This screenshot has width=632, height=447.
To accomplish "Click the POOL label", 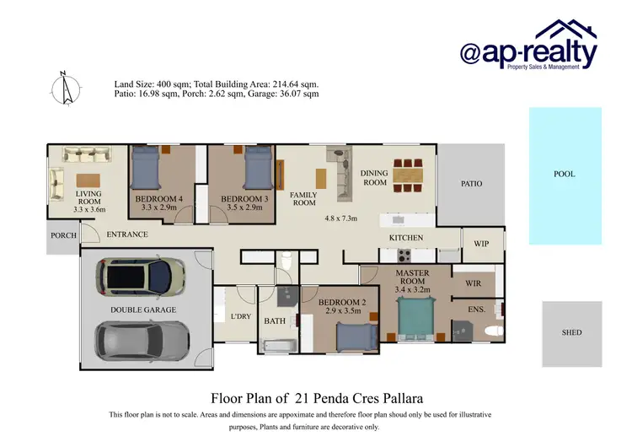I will pyautogui.click(x=564, y=175).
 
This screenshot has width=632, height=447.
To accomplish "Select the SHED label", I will pyautogui.click(x=571, y=333).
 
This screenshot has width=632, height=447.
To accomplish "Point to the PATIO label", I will pyautogui.click(x=471, y=183).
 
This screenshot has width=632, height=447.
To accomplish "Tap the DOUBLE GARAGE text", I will pyautogui.click(x=143, y=310).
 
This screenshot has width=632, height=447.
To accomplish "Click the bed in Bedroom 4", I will pyautogui.click(x=147, y=168).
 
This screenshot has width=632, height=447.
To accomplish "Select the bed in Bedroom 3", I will pyautogui.click(x=258, y=168).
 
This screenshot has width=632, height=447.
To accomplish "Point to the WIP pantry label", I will pyautogui.click(x=481, y=243).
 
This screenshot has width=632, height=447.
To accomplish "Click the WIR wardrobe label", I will pyautogui.click(x=474, y=283).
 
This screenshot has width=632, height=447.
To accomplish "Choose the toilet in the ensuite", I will pyautogui.click(x=497, y=331).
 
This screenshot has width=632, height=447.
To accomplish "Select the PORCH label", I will pyautogui.click(x=63, y=235).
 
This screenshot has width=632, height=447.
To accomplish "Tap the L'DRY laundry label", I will pyautogui.click(x=241, y=316).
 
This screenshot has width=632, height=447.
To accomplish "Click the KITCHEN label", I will pyautogui.click(x=405, y=238).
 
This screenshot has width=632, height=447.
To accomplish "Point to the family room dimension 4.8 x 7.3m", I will pyautogui.click(x=341, y=218).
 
